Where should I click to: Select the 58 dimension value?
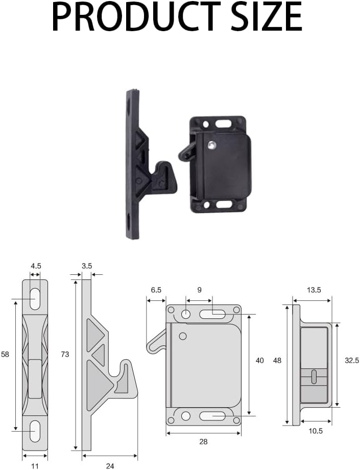(x=6, y=354)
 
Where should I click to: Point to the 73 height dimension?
(x=65, y=354)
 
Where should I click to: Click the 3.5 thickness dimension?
(x=87, y=266)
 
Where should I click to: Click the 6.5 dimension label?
(x=156, y=290)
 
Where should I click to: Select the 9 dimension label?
(x=199, y=290)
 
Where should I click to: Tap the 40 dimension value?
(x=259, y=361)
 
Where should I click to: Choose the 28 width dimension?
(x=203, y=442)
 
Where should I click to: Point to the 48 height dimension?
(x=277, y=361)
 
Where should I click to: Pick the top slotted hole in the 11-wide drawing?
(x=35, y=298)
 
